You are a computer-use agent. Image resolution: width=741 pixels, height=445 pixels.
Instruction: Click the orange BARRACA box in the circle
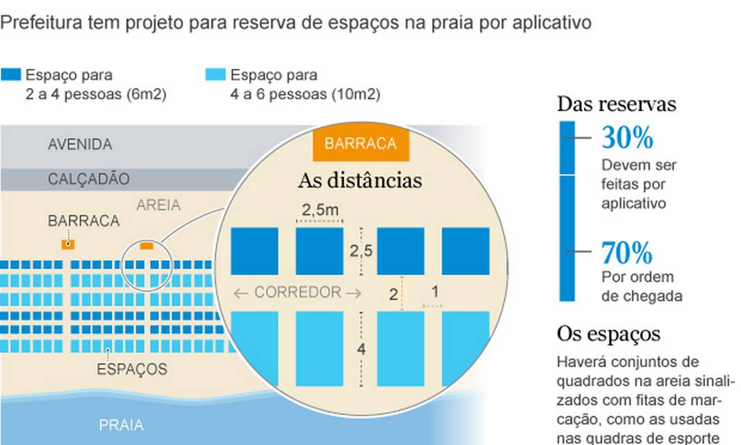(x=360, y=144)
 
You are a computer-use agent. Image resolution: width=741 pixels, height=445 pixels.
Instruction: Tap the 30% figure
(x=627, y=139)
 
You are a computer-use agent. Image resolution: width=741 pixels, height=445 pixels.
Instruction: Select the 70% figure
(x=627, y=253)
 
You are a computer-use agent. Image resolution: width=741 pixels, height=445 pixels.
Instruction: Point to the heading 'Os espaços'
(x=609, y=334)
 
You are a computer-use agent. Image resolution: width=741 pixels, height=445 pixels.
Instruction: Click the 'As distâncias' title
(x=360, y=181)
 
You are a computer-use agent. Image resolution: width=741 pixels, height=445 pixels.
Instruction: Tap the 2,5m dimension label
(x=321, y=210)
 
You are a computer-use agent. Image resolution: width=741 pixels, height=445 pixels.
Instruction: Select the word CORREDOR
(x=297, y=293)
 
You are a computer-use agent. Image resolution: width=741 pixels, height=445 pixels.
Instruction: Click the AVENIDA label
(x=80, y=145)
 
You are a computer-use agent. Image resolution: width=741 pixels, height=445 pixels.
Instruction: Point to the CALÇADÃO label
(x=89, y=179)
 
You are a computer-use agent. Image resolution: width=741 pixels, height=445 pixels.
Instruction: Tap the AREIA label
(x=158, y=205)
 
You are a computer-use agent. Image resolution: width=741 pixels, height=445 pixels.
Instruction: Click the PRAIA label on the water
(x=121, y=425)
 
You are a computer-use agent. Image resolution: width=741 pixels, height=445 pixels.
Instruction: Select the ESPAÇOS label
(x=132, y=369)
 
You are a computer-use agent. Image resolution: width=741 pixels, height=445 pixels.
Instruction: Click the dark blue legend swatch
(x=11, y=75)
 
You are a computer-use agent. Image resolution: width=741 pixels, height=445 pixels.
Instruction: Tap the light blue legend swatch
(x=216, y=75)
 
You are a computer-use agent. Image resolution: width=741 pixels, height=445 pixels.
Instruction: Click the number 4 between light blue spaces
(x=361, y=350)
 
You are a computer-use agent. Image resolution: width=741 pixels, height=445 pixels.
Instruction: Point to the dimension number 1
(x=435, y=291)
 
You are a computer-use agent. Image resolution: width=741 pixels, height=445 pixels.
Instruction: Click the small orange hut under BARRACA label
(x=68, y=244)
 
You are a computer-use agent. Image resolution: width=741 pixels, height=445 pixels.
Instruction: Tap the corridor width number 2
(x=393, y=295)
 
